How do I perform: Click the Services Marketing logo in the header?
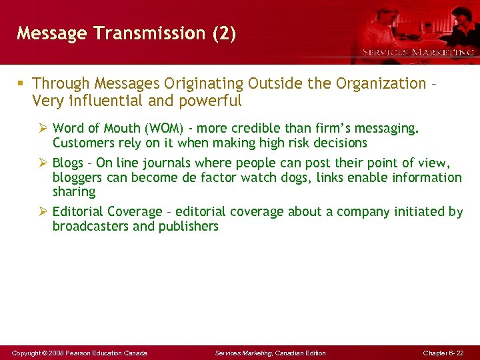click(x=418, y=51)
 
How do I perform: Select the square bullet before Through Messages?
click(x=21, y=84)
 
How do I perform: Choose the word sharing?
click(x=74, y=192)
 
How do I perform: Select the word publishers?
click(x=189, y=227)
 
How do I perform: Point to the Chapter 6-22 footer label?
click(x=443, y=353)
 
